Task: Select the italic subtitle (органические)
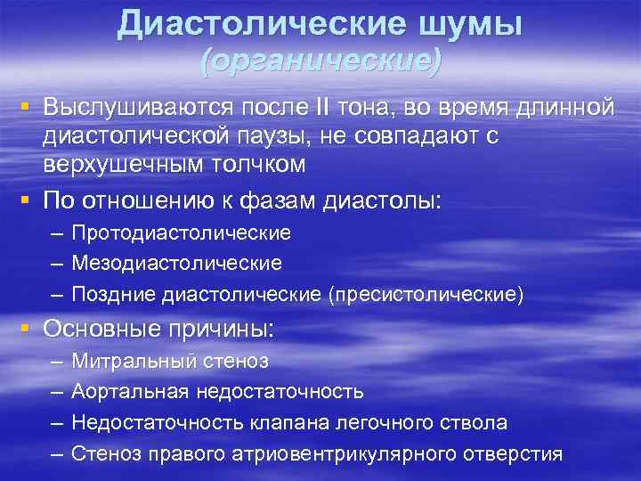click(320, 61)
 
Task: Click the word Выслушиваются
click(137, 108)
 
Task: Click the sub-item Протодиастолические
click(181, 233)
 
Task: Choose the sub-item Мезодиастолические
click(176, 264)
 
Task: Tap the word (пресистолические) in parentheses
click(426, 294)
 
